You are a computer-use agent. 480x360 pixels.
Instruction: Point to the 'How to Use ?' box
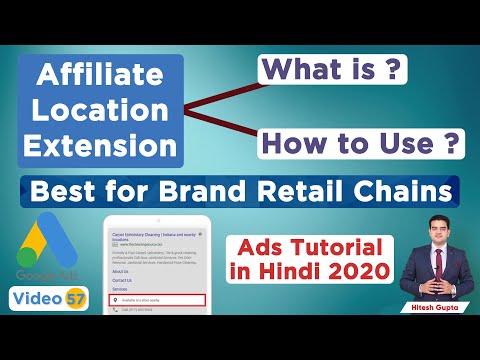[362, 143]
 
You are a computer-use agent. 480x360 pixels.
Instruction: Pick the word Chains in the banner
[412, 190]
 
